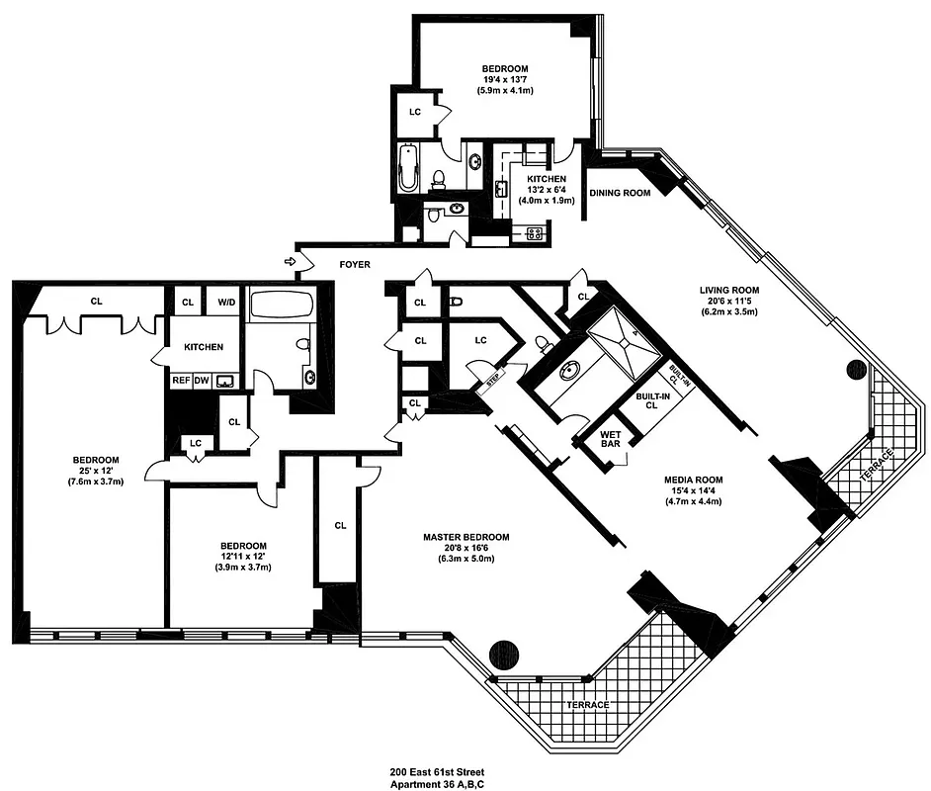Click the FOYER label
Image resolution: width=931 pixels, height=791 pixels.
(355, 265)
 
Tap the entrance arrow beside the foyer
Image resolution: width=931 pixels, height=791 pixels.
(290, 262)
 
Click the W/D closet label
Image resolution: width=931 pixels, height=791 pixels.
(225, 302)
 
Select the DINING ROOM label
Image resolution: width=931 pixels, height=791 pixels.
(620, 193)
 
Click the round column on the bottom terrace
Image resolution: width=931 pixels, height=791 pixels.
(502, 655)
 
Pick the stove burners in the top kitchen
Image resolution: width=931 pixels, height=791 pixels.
(535, 233)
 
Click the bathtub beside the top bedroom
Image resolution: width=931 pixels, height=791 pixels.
(409, 169)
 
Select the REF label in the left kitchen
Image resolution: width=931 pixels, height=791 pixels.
(182, 380)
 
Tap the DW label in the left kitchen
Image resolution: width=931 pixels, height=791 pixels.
(202, 380)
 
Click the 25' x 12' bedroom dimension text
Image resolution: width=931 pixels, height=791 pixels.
(95, 471)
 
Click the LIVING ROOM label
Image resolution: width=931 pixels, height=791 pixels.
(727, 290)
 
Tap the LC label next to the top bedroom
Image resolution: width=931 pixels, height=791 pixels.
(415, 112)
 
